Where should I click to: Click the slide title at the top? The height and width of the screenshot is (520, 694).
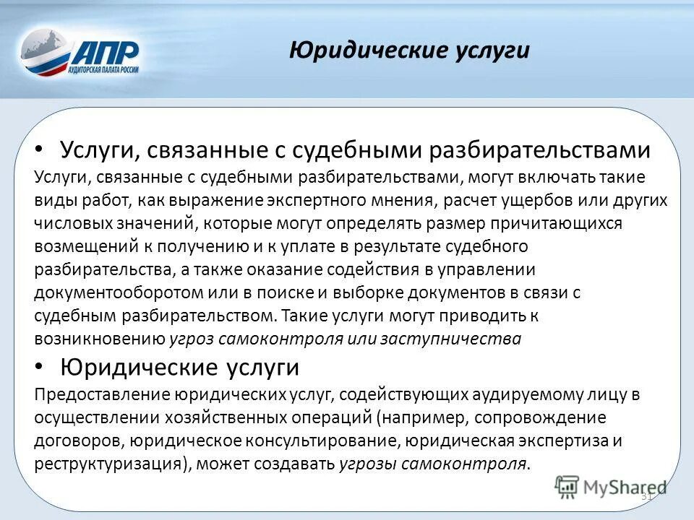(x=409, y=50)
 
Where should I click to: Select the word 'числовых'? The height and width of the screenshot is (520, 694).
(x=67, y=223)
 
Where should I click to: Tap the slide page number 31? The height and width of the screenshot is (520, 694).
(x=646, y=497)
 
